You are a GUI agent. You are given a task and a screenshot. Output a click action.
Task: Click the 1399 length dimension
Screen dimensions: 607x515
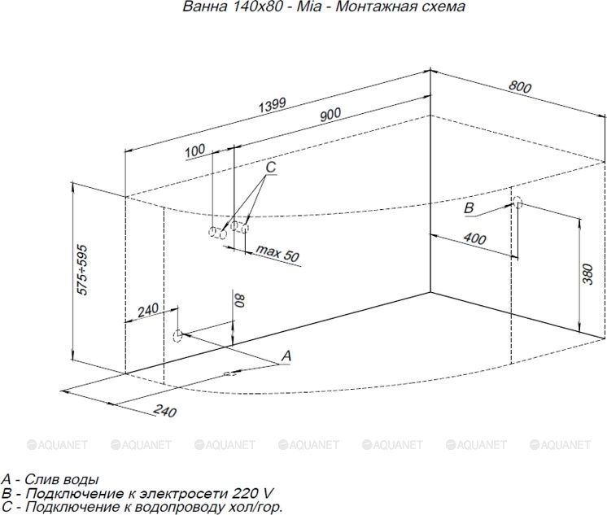coord(272,105)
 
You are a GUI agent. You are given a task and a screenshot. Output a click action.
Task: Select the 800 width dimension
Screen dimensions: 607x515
coord(519,87)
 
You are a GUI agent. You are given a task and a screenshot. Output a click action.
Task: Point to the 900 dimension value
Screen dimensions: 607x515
coord(330,114)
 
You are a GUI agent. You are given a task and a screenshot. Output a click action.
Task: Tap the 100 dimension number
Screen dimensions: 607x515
coord(194,151)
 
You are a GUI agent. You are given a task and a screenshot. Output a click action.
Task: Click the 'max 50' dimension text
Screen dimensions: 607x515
coord(278,253)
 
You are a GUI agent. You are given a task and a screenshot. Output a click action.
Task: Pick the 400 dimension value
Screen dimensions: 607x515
coord(475,238)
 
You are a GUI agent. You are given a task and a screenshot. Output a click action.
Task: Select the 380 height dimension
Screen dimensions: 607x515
coord(587,274)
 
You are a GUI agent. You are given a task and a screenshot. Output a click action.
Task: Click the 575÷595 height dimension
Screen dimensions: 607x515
coord(82,270)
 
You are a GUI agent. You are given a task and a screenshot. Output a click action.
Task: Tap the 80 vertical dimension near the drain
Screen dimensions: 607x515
coord(240,300)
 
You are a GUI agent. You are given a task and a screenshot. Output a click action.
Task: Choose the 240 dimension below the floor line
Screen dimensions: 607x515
coord(165,410)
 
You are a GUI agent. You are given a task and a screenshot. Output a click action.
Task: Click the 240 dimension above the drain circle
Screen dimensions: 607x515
coord(148,310)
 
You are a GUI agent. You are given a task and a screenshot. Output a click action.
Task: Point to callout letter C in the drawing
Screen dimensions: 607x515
coord(271,167)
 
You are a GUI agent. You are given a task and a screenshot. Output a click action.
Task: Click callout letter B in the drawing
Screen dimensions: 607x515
coord(469,208)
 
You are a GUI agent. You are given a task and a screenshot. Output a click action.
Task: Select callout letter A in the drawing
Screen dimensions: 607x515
coord(286,356)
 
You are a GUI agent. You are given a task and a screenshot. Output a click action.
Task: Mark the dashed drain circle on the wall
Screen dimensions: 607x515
coord(177,335)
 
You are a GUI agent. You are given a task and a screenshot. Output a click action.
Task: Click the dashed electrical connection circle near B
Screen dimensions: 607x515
coord(517,202)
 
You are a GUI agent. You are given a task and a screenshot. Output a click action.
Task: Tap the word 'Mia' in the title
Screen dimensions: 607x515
coord(309,7)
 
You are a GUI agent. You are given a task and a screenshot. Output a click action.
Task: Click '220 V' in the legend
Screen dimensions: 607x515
coord(253,493)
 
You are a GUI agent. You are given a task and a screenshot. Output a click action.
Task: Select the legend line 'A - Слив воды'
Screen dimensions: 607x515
coord(50,479)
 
